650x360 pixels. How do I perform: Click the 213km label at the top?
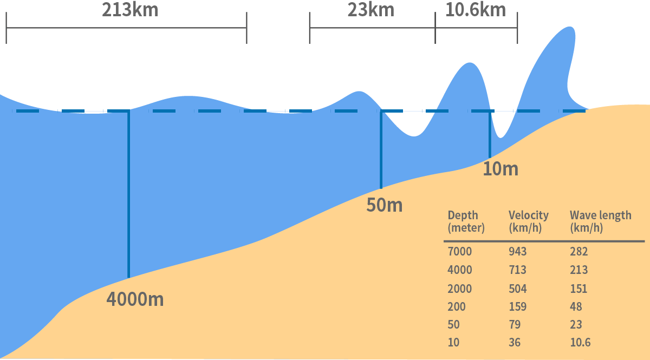coord(130,10)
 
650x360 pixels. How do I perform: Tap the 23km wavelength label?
coord(370,10)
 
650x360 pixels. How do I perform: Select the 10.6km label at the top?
coord(476,10)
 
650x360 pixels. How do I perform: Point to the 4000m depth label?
coord(135,299)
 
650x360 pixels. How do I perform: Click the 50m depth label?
coord(385,205)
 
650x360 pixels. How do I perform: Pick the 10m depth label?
coord(500,169)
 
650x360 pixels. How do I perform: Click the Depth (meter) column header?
coord(466,221)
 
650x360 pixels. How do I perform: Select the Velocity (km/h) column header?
coord(528,221)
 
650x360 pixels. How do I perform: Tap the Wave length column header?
coord(600,221)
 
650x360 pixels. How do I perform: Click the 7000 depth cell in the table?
coord(460,252)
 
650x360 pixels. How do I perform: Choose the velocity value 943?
coord(517,252)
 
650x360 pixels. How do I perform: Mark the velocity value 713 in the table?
coord(517,270)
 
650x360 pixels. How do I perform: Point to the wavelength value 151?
coord(578,289)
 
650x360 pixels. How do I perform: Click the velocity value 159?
coord(517,306)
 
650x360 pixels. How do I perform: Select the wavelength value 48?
coord(576,306)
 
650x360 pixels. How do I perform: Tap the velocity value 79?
coord(515,324)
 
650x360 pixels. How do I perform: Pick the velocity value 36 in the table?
coord(515,342)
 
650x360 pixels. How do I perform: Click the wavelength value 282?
coord(578,252)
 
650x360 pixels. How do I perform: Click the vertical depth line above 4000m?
coord(128,195)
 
